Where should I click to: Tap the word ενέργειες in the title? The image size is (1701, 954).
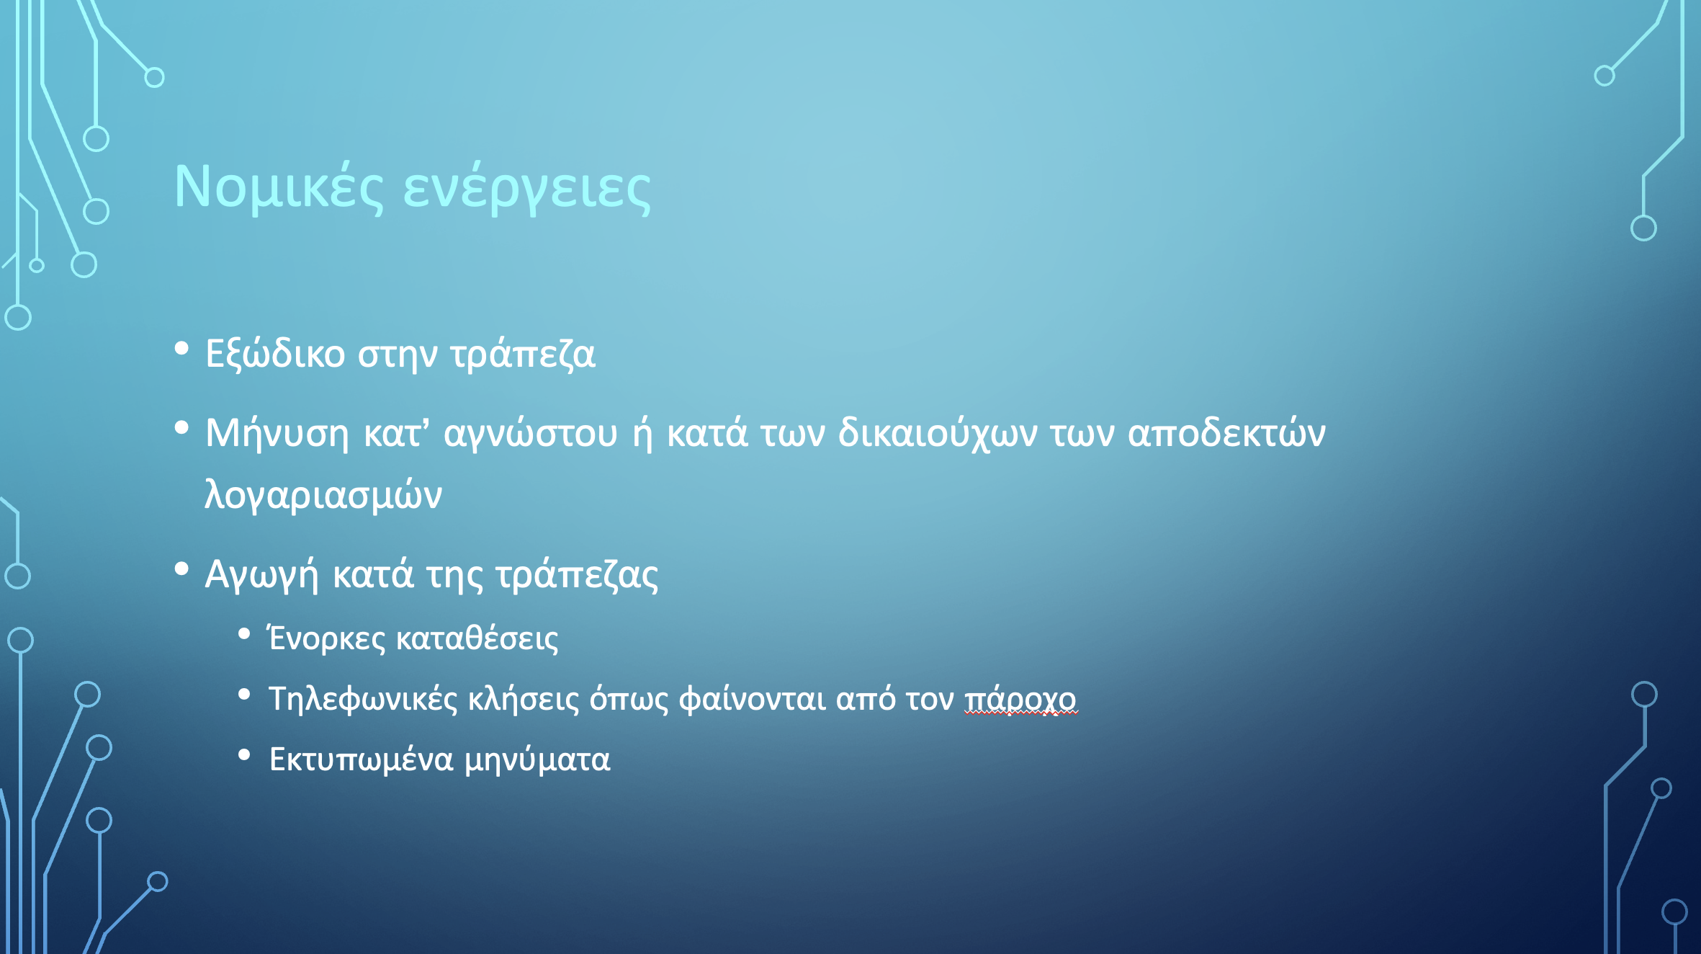point(526,189)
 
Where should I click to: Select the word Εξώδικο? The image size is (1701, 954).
point(275,353)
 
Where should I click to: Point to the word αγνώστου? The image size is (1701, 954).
point(531,433)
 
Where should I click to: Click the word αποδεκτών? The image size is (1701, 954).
point(1226,433)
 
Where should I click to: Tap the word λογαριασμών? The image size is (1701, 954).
point(323,495)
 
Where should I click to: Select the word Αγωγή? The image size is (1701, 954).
point(261,575)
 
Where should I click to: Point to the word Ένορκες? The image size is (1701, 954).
point(327,638)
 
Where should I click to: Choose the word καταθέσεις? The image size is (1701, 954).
point(477,638)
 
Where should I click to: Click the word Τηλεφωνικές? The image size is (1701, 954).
point(363,699)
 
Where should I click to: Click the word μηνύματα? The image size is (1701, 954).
point(537,759)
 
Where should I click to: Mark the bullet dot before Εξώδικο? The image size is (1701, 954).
point(181,349)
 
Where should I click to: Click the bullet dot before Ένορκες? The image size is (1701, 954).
point(244,634)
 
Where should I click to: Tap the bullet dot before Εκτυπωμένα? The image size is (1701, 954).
point(244,755)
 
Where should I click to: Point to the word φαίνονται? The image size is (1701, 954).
point(752,699)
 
